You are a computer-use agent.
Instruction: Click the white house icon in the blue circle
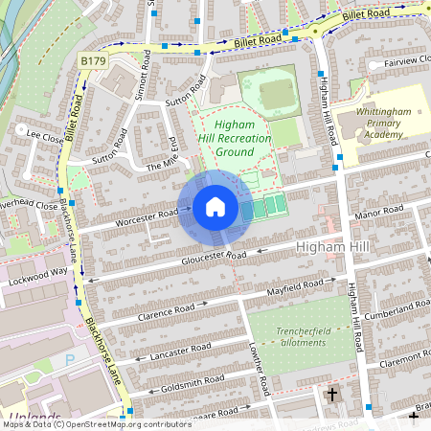tap(215, 207)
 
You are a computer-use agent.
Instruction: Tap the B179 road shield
tap(93, 61)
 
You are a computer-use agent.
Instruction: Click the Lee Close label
tap(44, 136)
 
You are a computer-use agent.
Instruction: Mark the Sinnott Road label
tap(144, 77)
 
